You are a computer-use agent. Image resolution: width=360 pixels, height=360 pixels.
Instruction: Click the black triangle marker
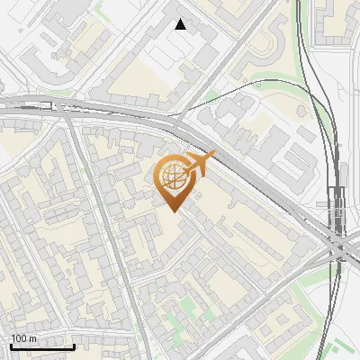[x=181, y=24]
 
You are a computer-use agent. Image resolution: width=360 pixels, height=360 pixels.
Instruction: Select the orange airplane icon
[x=201, y=163]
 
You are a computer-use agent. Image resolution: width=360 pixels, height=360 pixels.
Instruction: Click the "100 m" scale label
[x=23, y=338]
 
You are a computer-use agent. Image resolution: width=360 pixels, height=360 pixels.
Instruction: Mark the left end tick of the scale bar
[x=11, y=346]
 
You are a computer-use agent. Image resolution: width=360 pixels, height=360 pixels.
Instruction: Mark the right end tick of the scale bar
[x=74, y=346]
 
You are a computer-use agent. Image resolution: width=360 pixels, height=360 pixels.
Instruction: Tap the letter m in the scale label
[x=33, y=338]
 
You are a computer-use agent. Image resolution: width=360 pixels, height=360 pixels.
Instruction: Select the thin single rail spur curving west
[x=261, y=83]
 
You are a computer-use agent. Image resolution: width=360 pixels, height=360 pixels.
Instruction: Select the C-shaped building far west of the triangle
[x=40, y=63]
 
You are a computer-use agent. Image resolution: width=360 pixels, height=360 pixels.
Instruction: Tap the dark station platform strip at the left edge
[x=27, y=106]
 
